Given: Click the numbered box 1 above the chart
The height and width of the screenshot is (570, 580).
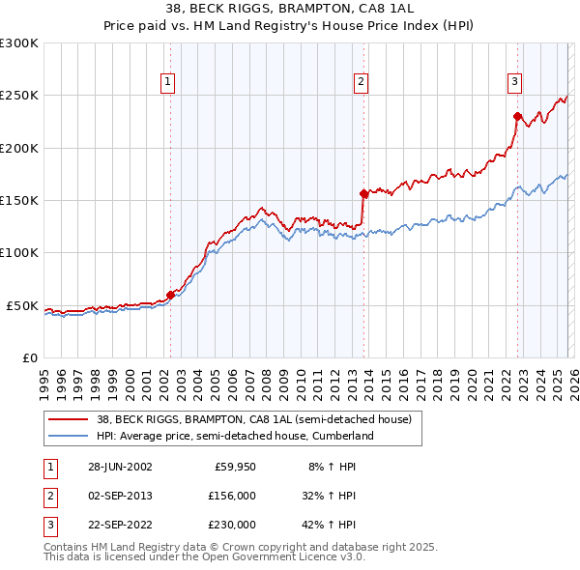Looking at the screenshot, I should [x=168, y=83].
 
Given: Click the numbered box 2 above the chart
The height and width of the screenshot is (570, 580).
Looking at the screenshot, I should [x=361, y=83].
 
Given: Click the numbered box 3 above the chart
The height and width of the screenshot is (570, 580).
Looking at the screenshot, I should [x=515, y=83].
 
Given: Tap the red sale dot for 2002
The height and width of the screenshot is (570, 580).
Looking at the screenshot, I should [x=170, y=295].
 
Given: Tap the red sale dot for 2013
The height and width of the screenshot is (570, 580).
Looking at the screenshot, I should [x=362, y=193].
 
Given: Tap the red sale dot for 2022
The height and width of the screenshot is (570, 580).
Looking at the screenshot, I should [x=517, y=116].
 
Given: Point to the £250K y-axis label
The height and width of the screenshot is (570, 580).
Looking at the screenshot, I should [x=20, y=96].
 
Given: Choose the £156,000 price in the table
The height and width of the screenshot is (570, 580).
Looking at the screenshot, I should [x=232, y=496].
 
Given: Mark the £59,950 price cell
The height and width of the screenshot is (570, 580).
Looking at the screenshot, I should [x=235, y=466].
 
